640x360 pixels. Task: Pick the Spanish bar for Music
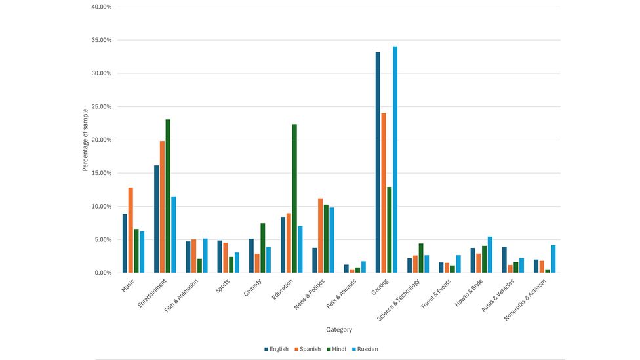point(130,230)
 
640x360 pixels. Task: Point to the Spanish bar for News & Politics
point(320,235)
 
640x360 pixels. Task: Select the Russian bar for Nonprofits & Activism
point(553,259)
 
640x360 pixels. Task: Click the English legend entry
point(276,349)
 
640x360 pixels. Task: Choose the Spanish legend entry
point(308,349)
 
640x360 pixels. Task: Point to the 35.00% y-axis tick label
point(99,41)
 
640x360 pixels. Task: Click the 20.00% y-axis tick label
point(99,140)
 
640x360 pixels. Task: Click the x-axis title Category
point(339,330)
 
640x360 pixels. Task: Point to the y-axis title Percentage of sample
point(86,140)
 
